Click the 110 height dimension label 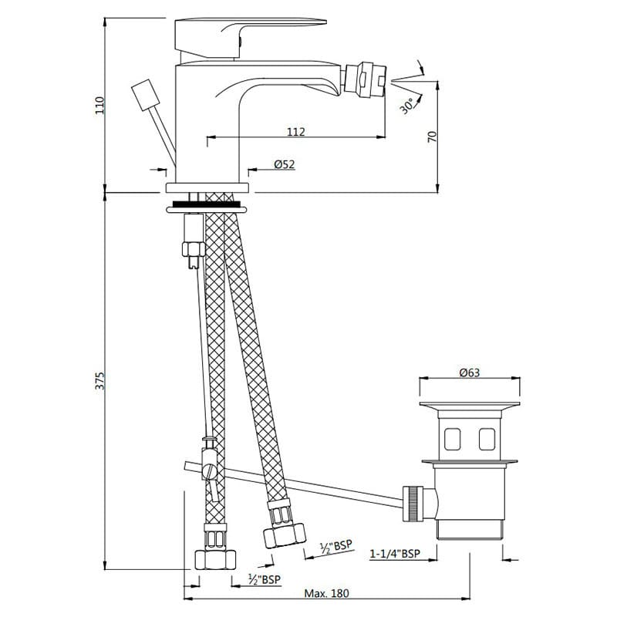tap(100, 105)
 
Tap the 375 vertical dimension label tap(100, 380)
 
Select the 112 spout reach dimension tap(296, 131)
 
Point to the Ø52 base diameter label tap(285, 164)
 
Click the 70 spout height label tap(432, 137)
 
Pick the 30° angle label tap(408, 106)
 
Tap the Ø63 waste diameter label tap(470, 372)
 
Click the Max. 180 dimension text tap(326, 592)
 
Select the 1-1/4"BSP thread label tap(395, 553)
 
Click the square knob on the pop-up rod tap(146, 95)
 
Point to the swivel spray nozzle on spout tap(365, 79)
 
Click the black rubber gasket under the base tap(206, 204)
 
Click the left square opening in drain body tap(453, 439)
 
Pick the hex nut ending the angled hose tap(285, 535)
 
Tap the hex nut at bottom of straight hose tap(215, 559)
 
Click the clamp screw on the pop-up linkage tap(209, 470)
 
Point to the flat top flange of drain tap(470, 404)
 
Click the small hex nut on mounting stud tap(194, 249)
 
